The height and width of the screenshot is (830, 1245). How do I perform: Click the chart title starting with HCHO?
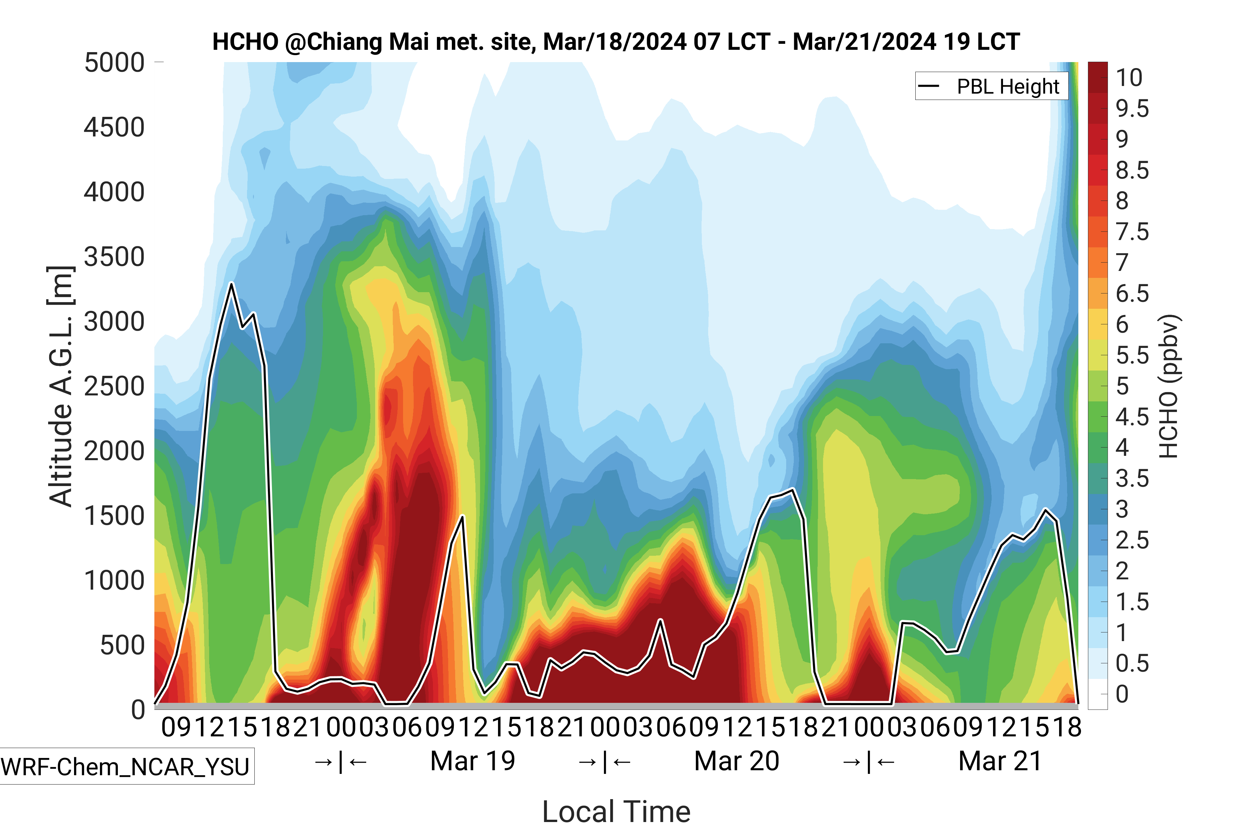(x=616, y=42)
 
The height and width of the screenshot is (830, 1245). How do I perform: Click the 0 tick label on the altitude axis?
(x=138, y=709)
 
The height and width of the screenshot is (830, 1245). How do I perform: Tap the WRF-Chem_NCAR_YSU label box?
(x=125, y=766)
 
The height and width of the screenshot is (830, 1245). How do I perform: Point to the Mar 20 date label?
(x=736, y=761)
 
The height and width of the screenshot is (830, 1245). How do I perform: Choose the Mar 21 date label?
(x=1000, y=761)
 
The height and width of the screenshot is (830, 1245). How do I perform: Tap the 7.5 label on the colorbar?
(x=1132, y=232)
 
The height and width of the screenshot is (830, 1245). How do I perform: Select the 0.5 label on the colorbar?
(x=1132, y=663)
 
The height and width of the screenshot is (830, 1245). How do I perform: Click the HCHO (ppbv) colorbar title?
(x=1169, y=386)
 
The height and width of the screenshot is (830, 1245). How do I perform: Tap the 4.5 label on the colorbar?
(x=1132, y=417)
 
